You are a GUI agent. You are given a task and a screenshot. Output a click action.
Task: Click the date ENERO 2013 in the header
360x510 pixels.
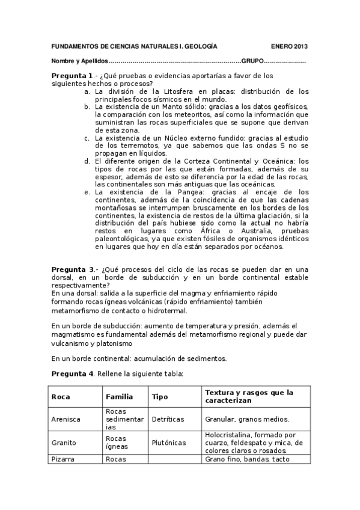point(288,46)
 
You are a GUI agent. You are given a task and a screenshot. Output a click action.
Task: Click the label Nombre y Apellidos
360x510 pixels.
point(79,61)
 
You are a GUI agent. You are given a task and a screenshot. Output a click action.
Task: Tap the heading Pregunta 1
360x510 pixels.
point(72,76)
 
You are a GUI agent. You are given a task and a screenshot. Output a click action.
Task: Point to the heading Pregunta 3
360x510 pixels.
point(72,268)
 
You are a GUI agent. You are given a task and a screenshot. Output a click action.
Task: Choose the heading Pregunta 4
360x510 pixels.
point(72,373)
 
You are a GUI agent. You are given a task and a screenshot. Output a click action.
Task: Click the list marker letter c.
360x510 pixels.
point(87,138)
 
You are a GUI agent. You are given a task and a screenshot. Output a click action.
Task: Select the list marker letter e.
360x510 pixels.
point(87,192)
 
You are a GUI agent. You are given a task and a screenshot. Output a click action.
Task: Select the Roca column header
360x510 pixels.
point(61,397)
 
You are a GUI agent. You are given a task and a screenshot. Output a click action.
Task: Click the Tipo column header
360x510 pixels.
point(160,397)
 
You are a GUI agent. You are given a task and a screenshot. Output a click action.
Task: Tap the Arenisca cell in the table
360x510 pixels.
point(66,419)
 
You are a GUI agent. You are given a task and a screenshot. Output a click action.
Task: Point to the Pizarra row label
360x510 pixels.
point(63,459)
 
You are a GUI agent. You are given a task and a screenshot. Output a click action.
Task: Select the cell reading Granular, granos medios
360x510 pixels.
point(247,419)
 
